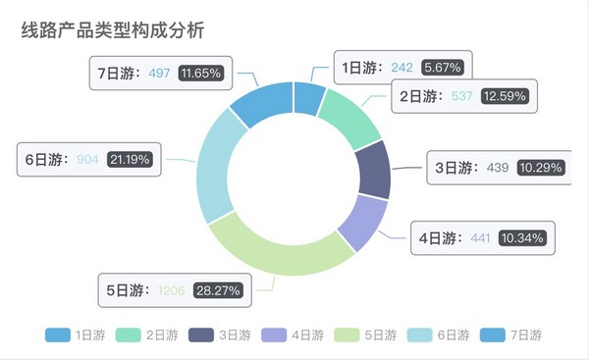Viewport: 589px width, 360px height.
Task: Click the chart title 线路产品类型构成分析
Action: [x=113, y=30]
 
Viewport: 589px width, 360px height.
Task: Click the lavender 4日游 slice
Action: [x=360, y=221]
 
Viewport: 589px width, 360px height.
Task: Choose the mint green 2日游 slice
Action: [x=349, y=116]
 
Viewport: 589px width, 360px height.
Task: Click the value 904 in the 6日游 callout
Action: [x=87, y=159]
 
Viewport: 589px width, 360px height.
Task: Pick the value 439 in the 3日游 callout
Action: [x=498, y=168]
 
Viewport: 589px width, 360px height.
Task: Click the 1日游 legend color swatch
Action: [x=58, y=335]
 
